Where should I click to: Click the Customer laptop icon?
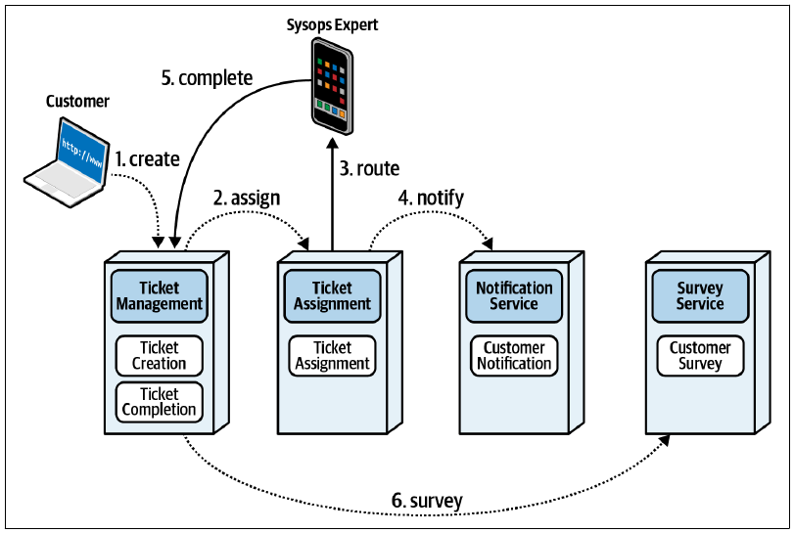pos(67,161)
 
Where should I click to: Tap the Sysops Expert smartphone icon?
pos(332,86)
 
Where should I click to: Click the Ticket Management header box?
pos(159,295)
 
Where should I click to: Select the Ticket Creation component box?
pos(159,356)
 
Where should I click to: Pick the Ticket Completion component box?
pos(159,402)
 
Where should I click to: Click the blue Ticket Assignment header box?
pos(332,295)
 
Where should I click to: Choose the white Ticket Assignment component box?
pos(332,356)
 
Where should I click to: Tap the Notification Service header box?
pos(514,295)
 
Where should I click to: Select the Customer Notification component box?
pos(514,356)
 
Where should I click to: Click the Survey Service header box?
pos(700,295)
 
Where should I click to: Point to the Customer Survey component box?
pos(700,356)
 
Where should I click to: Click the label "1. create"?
pos(148,159)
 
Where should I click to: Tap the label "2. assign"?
pos(247,198)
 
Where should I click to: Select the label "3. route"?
pos(369,168)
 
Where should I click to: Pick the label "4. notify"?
pos(431,198)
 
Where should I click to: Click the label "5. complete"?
pos(208,78)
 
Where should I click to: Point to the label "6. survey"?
pos(427,501)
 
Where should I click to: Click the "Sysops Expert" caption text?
pos(332,24)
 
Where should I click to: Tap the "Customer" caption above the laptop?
pos(77,101)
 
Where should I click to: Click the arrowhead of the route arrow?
pos(332,143)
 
